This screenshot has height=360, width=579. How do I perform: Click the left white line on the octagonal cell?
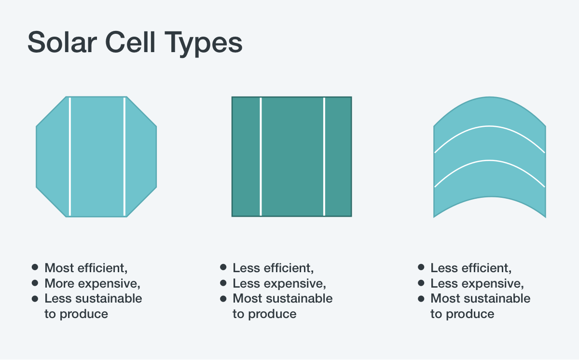point(70,157)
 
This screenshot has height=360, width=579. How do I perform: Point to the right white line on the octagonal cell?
point(124,157)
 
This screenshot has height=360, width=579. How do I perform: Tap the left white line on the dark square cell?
point(261,157)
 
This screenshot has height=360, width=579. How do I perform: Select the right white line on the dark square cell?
point(324,157)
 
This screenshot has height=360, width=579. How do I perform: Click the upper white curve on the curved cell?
point(490,126)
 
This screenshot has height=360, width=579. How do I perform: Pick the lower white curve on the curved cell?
point(490,160)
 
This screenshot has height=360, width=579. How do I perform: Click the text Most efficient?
point(86,268)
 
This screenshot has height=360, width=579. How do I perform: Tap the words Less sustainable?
point(93,299)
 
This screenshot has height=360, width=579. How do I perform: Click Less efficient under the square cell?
point(273,268)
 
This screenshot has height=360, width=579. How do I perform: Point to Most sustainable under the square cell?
point(282,299)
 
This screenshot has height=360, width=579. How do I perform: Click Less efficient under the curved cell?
point(471,268)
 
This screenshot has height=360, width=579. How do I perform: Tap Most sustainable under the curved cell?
point(480,299)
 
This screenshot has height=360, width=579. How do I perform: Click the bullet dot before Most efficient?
point(35,267)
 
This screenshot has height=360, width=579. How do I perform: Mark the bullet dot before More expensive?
point(35,283)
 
